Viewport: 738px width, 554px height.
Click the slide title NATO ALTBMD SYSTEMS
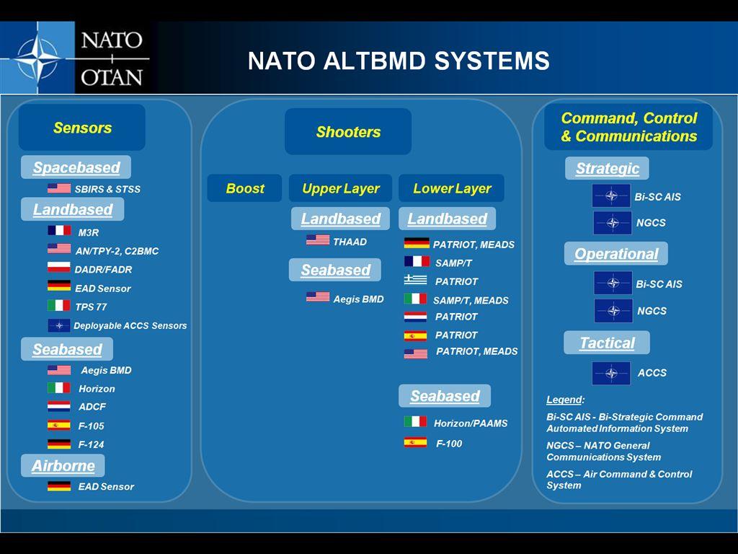399,61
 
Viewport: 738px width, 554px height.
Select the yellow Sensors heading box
82,128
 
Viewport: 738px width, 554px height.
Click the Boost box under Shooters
244,188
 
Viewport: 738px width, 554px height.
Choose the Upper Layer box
340,188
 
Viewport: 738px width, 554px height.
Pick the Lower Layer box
452,188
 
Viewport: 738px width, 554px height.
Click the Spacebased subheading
76,167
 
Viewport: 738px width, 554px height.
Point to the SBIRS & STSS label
107,190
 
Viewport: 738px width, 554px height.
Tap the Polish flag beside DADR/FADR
59,268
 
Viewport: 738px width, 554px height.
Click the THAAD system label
350,242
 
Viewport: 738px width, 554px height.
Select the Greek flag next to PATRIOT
416,281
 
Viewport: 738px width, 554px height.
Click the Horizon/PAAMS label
470,423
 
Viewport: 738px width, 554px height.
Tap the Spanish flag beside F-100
416,443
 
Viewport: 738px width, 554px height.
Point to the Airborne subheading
63,465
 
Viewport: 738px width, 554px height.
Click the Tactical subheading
607,343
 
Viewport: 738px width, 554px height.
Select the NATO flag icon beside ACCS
611,373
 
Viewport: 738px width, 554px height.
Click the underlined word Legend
565,400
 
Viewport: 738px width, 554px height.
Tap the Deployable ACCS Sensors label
130,326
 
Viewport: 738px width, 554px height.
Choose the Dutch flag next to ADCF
59,406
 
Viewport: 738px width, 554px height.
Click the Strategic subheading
607,168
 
